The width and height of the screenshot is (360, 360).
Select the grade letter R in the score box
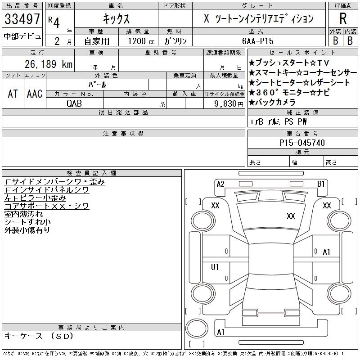click(343, 19)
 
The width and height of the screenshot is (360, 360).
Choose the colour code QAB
click(75, 103)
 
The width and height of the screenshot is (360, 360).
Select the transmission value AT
click(13, 94)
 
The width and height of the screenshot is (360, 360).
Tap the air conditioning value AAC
click(35, 94)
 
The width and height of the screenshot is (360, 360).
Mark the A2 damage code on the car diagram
click(220, 184)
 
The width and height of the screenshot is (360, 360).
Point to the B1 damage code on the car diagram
click(321, 184)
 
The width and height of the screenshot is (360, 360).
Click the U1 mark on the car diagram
click(215, 267)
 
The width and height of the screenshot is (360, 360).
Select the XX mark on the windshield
click(291, 216)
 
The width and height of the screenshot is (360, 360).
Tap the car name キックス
click(116, 19)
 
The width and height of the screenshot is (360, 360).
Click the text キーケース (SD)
click(38, 336)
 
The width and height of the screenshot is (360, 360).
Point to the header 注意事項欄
click(123, 134)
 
